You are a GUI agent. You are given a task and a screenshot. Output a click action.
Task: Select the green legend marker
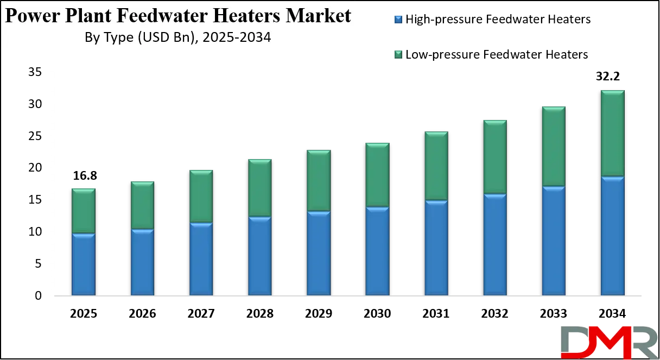tap(398, 54)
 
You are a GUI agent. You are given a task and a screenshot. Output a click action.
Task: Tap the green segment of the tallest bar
tap(612, 133)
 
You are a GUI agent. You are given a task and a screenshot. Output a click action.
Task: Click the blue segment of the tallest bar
tap(612, 236)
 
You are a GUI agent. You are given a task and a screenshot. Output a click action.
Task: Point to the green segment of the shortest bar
tap(84, 211)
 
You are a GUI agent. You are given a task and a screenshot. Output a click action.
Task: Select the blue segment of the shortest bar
tap(84, 265)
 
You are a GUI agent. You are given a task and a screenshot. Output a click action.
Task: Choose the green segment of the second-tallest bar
tap(554, 146)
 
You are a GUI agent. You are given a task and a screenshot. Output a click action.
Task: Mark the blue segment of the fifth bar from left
tap(319, 254)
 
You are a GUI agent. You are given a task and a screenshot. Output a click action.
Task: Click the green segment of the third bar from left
tap(201, 196)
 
